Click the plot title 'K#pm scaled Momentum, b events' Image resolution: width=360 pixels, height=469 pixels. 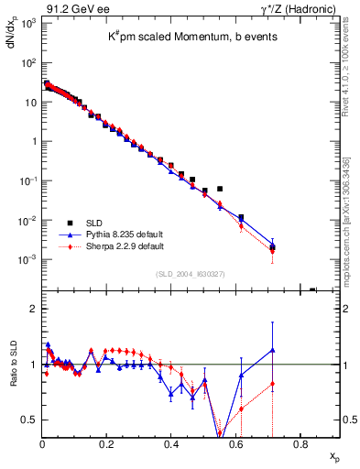191,35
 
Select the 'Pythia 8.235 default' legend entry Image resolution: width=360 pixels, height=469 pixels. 125,234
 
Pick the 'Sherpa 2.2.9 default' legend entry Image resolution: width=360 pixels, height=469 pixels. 125,246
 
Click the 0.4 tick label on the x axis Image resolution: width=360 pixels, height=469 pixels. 171,446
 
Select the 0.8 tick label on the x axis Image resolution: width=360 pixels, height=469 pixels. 300,446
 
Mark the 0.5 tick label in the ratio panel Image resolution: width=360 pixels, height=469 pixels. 30,420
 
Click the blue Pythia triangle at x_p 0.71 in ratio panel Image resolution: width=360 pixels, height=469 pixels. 272,349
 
